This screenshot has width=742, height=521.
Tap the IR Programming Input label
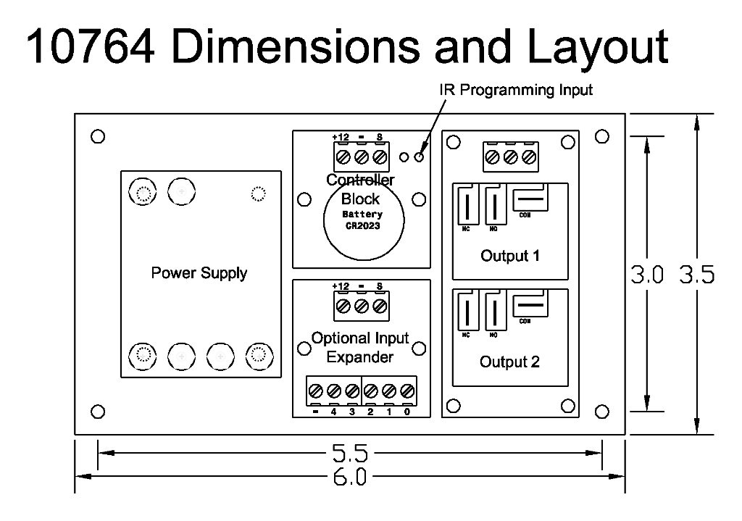(516, 91)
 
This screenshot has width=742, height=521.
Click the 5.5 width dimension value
(350, 455)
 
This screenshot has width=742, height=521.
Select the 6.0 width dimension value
(350, 478)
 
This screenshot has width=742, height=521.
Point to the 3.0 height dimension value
(648, 275)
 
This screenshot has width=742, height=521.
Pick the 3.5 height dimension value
(696, 275)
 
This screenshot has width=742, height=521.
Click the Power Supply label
(199, 273)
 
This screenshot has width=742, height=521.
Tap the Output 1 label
(509, 256)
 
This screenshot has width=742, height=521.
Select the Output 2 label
(509, 362)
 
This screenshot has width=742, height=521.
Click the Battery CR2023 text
(362, 220)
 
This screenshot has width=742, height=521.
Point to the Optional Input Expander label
(360, 347)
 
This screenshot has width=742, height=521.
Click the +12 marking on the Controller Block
(341, 137)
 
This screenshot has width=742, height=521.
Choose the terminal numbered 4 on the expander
(334, 412)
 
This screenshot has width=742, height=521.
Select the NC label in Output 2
(466, 335)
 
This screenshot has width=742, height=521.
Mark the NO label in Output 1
(493, 229)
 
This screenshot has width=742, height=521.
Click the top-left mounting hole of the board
(99, 136)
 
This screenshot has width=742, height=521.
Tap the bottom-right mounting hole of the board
(601, 412)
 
